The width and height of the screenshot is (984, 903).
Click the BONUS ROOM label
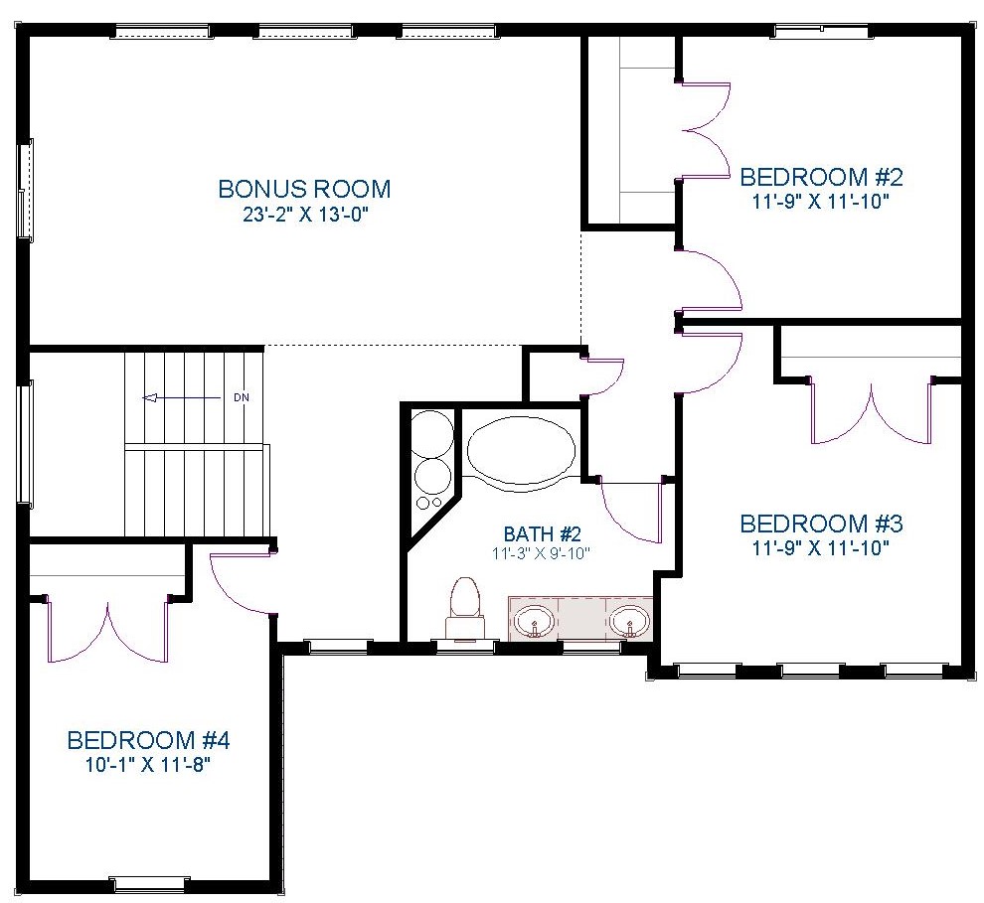304,189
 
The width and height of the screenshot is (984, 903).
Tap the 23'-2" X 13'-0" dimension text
304,216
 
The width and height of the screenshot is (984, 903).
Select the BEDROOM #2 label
821,178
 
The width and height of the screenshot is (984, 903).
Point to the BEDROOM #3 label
821,524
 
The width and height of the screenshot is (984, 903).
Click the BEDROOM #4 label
148,741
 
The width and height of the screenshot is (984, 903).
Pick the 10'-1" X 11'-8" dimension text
148,766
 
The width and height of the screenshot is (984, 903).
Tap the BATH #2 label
543,534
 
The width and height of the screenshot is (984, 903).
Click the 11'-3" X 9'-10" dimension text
543,553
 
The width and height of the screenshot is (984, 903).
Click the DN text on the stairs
241,397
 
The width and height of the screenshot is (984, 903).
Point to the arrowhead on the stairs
149,397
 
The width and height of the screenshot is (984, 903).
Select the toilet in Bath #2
465,608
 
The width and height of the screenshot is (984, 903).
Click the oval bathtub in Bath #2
521,451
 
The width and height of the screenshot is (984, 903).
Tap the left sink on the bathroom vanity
534,621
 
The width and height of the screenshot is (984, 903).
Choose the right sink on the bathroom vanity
629,621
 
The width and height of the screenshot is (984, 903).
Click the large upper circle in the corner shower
432,434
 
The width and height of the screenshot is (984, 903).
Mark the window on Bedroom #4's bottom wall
148,884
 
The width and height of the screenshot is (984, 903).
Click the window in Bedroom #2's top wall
821,30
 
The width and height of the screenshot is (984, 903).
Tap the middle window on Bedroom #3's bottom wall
810,671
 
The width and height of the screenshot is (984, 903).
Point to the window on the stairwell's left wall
25,443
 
